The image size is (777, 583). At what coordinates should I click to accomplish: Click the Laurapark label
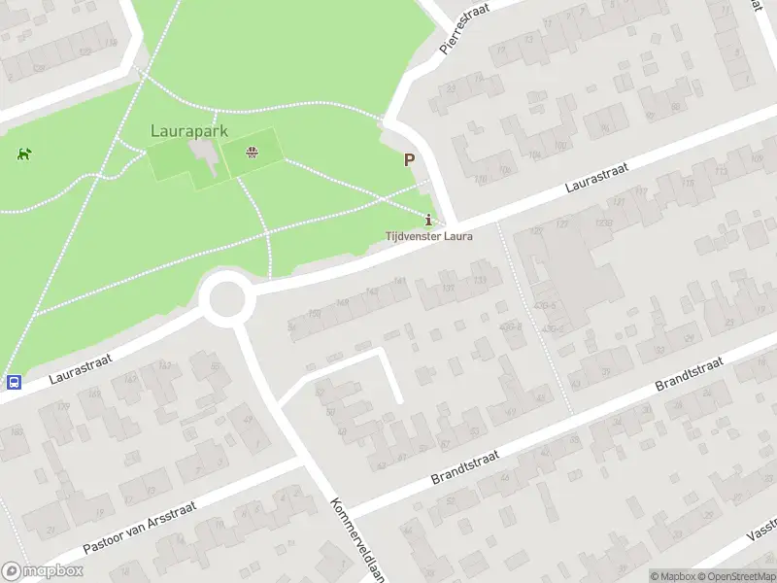click(189, 129)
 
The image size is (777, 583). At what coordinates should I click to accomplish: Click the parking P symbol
click(410, 160)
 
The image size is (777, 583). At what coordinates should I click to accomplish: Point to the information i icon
click(429, 218)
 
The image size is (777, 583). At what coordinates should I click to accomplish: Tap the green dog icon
click(23, 154)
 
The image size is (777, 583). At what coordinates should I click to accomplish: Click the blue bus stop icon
click(14, 383)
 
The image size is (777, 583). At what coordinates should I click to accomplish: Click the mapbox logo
click(41, 571)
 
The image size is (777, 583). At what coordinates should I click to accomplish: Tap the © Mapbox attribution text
click(672, 576)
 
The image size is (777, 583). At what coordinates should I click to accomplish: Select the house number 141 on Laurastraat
click(400, 283)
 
